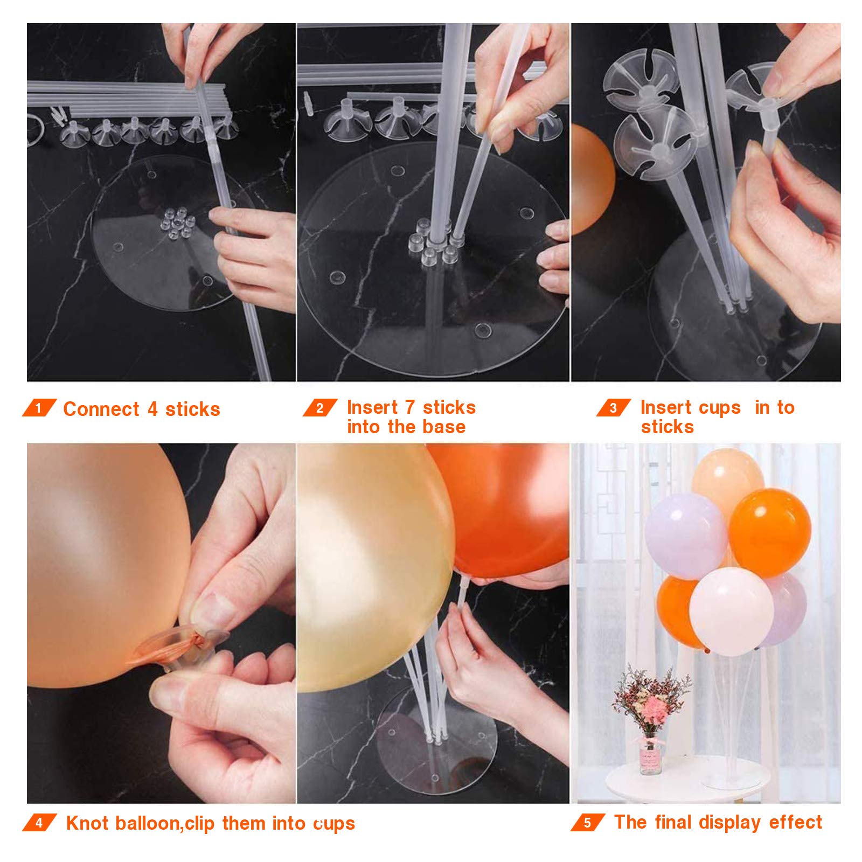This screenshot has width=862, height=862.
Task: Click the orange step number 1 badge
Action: tap(39, 408)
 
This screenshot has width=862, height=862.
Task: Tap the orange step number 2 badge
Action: tap(319, 408)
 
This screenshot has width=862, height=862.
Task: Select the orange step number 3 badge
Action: tap(613, 408)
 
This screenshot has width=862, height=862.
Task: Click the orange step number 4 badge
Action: tap(39, 823)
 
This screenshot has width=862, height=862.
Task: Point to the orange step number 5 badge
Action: tap(587, 823)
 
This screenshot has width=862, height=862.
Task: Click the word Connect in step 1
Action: tap(101, 409)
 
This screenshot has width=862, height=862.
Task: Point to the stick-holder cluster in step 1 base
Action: tap(177, 223)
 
